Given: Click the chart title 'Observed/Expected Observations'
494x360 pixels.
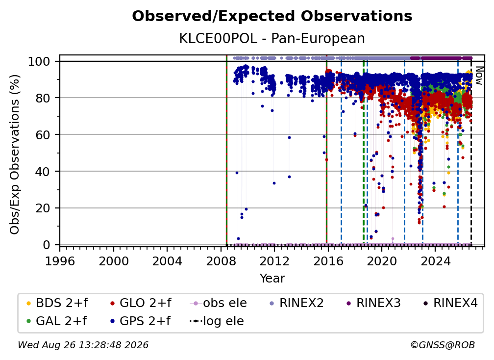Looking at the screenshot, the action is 272,16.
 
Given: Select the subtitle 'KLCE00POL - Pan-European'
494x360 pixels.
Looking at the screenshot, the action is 272,38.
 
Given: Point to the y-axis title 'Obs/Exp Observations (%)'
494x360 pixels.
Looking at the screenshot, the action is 15,154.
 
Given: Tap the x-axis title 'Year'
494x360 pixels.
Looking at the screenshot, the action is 272,278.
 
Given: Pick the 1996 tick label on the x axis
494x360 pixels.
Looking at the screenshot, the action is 60,261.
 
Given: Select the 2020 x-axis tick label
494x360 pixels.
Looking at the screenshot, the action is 381,261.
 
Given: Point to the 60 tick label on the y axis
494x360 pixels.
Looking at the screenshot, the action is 43,135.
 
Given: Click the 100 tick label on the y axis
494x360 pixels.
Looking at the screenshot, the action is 39,61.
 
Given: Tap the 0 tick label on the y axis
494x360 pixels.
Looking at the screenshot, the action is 47,245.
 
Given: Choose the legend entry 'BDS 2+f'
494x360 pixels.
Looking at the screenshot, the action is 57,303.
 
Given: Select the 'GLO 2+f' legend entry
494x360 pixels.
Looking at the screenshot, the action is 140,303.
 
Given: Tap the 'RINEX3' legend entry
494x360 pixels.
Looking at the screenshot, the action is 373,303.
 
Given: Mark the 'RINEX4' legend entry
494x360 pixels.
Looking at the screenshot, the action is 450,303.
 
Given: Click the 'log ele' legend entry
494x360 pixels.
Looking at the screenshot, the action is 217,321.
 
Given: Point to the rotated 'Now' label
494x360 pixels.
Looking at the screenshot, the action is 479,76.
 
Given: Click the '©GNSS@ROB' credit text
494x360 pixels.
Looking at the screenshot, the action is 443,345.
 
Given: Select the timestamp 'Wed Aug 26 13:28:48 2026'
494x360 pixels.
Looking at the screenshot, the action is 83,345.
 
